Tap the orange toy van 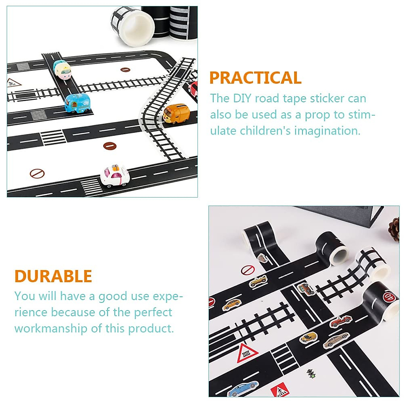click(x=175, y=113)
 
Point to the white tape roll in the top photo click(x=126, y=26)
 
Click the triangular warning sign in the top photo click(x=13, y=82)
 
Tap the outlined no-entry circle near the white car click(x=37, y=174)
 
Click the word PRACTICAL click(x=255, y=78)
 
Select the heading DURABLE click(x=53, y=276)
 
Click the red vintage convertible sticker click(x=339, y=320)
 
